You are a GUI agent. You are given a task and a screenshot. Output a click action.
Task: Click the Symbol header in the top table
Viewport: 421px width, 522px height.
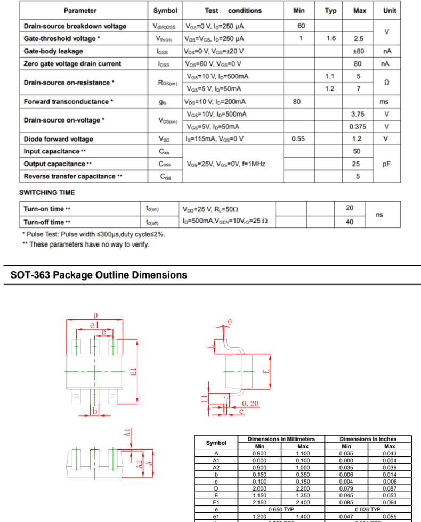(165, 11)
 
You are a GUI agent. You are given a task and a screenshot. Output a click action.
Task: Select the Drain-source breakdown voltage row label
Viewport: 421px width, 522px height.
(75, 26)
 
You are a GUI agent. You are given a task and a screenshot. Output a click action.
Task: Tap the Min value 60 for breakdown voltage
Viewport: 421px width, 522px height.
(301, 26)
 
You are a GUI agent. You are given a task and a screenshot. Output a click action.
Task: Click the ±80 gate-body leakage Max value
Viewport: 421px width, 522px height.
(358, 51)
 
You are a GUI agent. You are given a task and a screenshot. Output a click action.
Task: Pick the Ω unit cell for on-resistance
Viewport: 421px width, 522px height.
(386, 83)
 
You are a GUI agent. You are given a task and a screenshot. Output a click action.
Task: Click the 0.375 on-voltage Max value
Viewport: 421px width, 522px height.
(358, 127)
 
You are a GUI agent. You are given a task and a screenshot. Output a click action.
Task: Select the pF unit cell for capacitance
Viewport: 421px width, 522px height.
(386, 164)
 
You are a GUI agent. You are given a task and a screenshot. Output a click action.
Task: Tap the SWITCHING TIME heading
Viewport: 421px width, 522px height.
(47, 193)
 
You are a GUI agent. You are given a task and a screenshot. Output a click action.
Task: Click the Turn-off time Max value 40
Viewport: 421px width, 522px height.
(350, 222)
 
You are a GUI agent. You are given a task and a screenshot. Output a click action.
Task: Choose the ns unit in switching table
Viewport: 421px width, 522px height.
(379, 215)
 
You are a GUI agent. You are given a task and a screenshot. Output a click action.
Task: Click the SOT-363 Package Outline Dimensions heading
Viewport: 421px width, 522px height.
(99, 275)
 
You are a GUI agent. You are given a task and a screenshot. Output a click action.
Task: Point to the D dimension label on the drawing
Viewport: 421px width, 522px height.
(96, 315)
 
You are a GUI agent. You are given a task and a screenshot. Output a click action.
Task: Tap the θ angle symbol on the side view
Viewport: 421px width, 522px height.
(230, 322)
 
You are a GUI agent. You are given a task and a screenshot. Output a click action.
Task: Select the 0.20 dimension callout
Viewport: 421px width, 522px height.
(250, 403)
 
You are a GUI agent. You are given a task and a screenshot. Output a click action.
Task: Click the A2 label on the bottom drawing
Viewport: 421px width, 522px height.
(139, 464)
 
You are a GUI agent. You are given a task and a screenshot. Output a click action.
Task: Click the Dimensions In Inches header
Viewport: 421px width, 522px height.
(368, 439)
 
